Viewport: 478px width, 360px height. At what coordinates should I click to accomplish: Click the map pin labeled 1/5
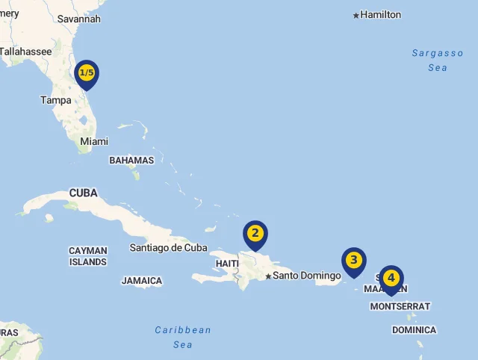pos(87,73)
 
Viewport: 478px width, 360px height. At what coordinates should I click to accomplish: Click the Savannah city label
pos(78,19)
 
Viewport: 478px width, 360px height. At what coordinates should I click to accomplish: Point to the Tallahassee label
pos(25,52)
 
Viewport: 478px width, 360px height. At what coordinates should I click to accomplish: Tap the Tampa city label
pos(56,100)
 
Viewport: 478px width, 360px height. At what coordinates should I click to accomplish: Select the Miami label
pos(94,141)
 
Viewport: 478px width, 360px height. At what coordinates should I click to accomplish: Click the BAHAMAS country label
pos(131,160)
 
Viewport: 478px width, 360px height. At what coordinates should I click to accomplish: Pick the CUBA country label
pos(84,193)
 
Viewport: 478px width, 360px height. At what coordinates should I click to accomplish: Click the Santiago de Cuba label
pos(168,247)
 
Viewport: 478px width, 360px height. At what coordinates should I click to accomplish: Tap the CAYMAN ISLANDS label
pos(88,256)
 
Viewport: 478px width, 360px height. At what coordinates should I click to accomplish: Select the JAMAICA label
pos(142,281)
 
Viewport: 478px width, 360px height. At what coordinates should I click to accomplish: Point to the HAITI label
pos(227,264)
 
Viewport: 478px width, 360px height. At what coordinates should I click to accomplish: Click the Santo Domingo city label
pos(306,276)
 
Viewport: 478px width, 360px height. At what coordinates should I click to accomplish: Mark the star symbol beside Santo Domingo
pos(268,276)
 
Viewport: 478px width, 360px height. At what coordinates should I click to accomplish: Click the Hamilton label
pos(381,15)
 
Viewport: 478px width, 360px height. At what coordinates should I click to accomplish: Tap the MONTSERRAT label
pos(400,306)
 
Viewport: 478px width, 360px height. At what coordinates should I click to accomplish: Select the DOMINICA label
pos(414,329)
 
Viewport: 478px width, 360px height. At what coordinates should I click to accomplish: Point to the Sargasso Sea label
pos(438,60)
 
